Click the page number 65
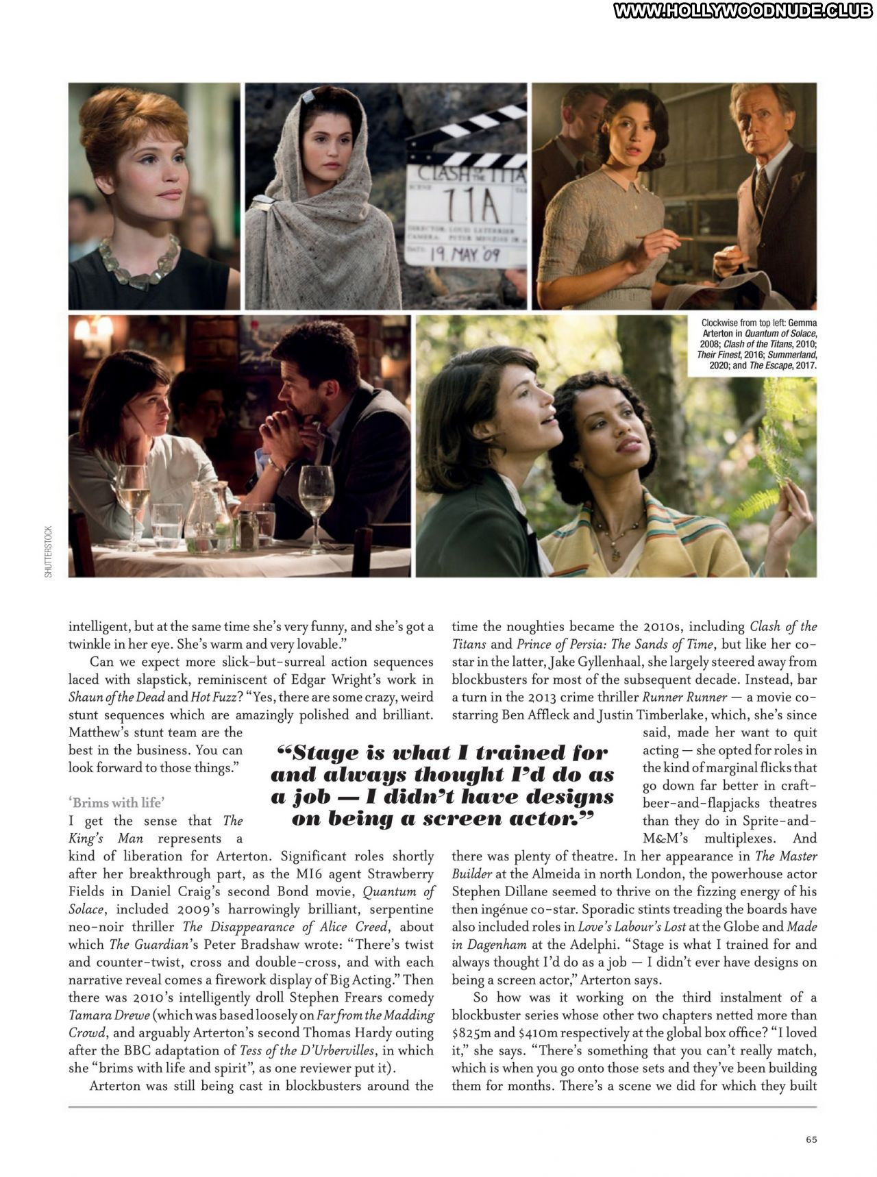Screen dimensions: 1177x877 click(x=811, y=1139)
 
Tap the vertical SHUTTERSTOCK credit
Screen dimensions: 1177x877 click(x=48, y=552)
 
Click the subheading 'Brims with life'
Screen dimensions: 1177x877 click(x=116, y=802)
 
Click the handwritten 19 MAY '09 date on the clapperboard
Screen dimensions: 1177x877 click(x=465, y=256)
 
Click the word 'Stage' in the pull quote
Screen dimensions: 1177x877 click(x=327, y=753)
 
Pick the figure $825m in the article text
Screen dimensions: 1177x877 click(x=472, y=1032)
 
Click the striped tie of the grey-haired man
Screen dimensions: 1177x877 click(x=761, y=188)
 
